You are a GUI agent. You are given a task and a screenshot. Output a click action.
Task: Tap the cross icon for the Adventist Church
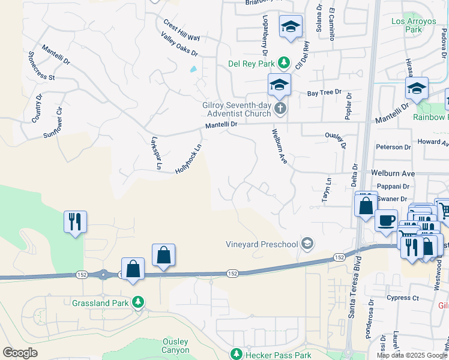[280, 109]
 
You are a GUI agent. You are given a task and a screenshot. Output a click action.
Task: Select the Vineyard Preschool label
[261, 244]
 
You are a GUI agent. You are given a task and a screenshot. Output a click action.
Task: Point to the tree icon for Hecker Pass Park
[237, 355]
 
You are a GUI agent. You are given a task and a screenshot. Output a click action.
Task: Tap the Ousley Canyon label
[176, 346]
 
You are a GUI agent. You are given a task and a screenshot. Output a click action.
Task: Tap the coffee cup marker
[387, 220]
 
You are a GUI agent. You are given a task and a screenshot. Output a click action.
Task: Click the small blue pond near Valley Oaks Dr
[193, 69]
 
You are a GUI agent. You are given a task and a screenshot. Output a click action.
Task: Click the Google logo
[20, 353]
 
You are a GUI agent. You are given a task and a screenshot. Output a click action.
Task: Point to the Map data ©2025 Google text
[411, 355]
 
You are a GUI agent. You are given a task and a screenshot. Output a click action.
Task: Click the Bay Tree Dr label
[324, 93]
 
